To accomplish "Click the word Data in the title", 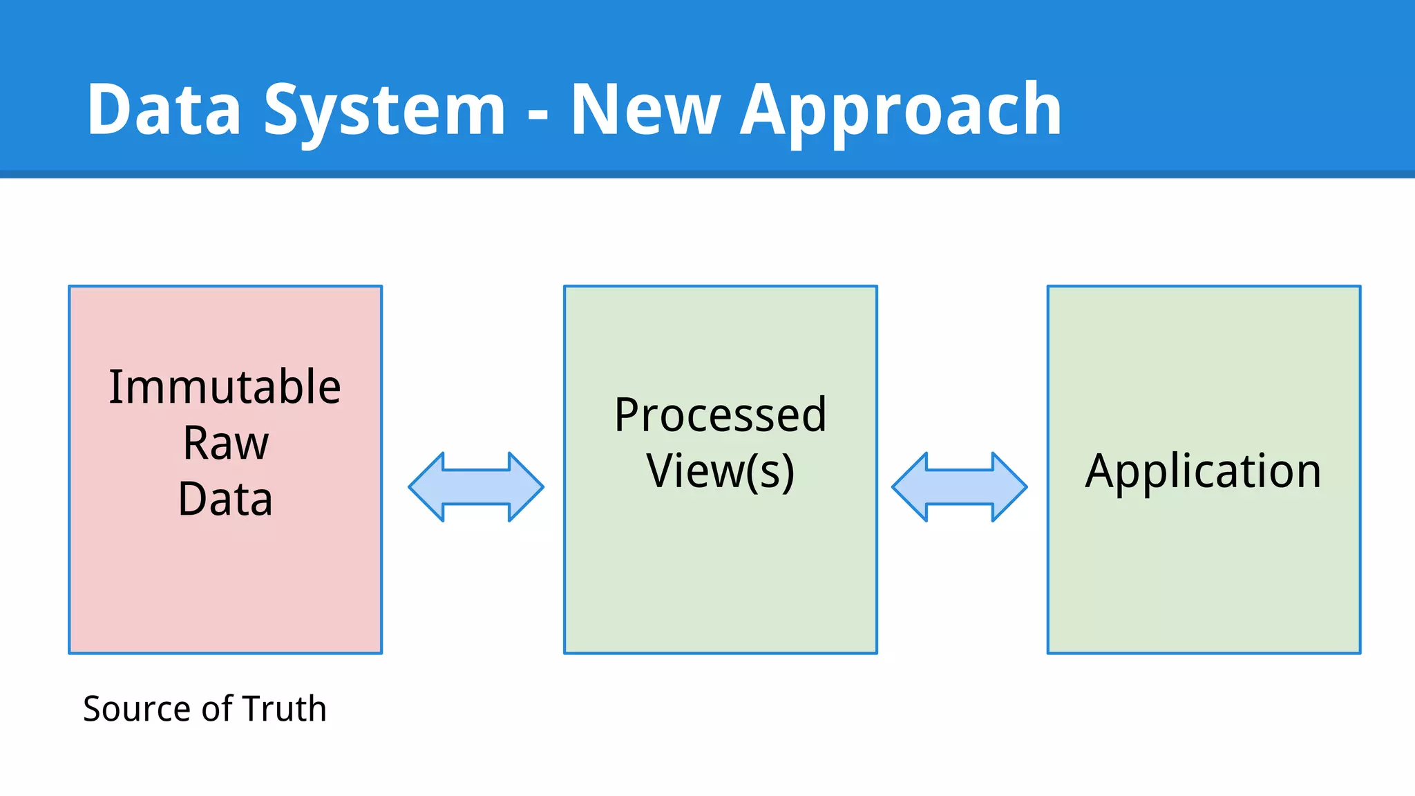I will click(164, 109).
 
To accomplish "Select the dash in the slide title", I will click(538, 113).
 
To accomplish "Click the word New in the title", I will click(645, 109).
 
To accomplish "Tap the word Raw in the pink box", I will click(225, 443).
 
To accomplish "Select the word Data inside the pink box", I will click(225, 499).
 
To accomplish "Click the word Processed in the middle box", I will click(720, 415).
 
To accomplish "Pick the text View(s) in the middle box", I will click(720, 471).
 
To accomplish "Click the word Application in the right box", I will click(1203, 471).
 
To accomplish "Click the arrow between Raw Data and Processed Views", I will click(476, 487).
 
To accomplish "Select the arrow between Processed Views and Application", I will click(959, 487).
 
